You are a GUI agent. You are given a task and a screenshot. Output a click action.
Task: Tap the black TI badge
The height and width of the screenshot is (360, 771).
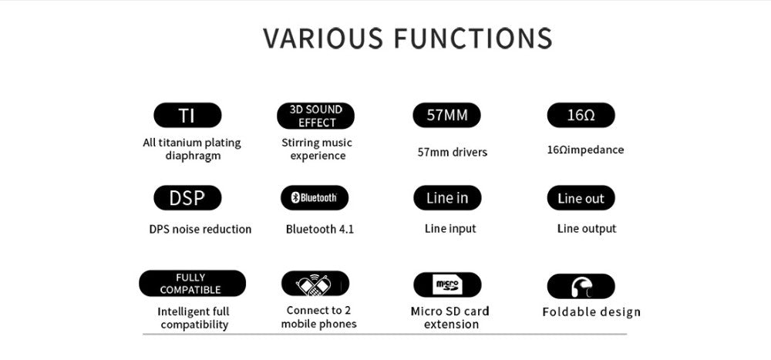(x=187, y=115)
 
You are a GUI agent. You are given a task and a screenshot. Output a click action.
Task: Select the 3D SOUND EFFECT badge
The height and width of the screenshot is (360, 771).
(x=315, y=116)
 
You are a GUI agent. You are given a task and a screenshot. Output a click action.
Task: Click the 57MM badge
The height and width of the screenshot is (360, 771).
(x=446, y=115)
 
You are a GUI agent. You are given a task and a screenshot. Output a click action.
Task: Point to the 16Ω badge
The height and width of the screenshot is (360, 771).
(x=581, y=115)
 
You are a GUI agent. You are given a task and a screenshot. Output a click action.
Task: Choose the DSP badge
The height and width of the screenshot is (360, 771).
(x=187, y=197)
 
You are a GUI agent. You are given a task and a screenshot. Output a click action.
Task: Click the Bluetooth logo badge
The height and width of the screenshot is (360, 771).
(x=315, y=197)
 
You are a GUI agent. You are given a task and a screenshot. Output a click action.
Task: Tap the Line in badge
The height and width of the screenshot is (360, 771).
(x=447, y=197)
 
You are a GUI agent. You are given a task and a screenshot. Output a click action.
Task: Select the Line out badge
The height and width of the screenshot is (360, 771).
(x=581, y=197)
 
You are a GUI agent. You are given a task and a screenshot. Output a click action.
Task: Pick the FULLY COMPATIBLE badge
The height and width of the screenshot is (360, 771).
(x=192, y=283)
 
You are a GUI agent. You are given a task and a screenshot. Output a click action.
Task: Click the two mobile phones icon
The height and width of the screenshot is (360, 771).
(x=315, y=284)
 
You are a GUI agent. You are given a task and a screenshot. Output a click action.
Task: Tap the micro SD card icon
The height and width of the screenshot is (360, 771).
(x=447, y=284)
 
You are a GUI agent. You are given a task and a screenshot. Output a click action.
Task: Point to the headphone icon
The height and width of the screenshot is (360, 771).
(x=581, y=287)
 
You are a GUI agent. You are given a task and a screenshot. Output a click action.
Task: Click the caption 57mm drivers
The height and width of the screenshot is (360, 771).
(x=453, y=153)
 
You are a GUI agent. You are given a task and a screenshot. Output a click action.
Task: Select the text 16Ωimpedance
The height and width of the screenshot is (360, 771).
(x=585, y=150)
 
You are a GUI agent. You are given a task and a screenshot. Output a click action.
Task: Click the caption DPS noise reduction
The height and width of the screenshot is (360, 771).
(x=200, y=229)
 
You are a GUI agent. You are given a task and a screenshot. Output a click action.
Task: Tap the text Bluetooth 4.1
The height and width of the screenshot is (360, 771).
(x=320, y=229)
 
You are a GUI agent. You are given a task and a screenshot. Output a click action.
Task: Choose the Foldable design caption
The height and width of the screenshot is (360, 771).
(x=591, y=311)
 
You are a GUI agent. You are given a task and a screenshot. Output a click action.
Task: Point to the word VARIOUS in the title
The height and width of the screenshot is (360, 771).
(x=322, y=39)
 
